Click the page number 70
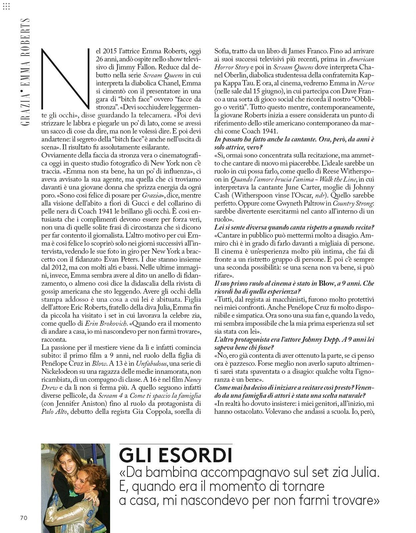pos(23,518)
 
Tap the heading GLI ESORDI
pos(175,455)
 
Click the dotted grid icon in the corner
pos(6,6)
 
